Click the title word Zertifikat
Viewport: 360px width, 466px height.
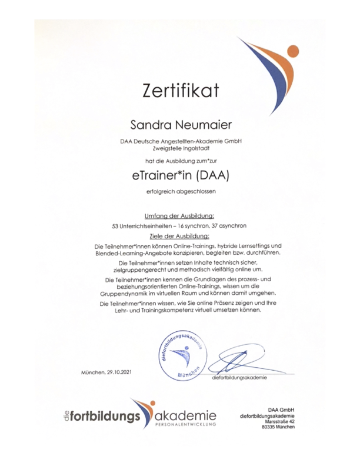pyautogui.click(x=181, y=91)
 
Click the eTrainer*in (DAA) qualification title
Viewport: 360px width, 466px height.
pyautogui.click(x=180, y=175)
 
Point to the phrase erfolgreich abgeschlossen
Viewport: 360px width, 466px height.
pyautogui.click(x=180, y=192)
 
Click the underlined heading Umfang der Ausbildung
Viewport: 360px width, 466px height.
pyautogui.click(x=179, y=216)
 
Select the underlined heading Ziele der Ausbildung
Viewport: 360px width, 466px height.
pyautogui.click(x=179, y=235)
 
